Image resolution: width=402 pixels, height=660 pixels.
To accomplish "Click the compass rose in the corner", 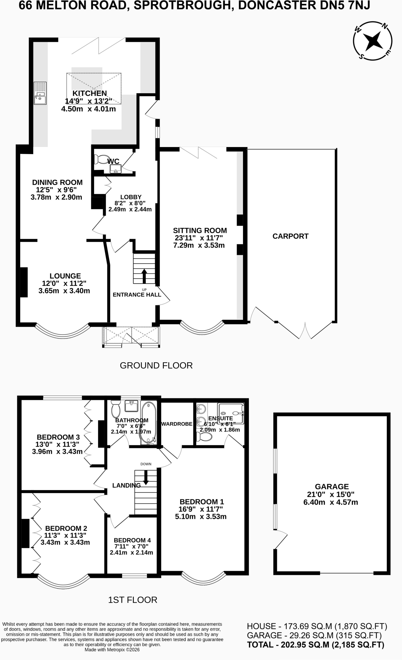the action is tap(373, 41).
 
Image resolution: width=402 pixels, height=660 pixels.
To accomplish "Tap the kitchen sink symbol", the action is tap(41, 93).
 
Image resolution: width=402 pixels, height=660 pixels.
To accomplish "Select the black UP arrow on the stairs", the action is tap(144, 276).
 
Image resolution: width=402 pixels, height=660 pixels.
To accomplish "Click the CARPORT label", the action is tap(290, 236).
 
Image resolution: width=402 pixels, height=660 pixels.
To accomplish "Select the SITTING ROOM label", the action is tap(200, 230).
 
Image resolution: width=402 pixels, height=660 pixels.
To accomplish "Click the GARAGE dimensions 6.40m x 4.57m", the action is tap(331, 502).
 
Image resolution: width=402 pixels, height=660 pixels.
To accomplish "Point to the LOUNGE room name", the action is tap(65, 276).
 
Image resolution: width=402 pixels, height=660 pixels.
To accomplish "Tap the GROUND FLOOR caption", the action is tap(156, 365).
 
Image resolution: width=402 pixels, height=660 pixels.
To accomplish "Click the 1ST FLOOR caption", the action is tap(133, 600).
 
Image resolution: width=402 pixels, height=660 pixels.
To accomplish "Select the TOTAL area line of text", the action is tap(316, 645).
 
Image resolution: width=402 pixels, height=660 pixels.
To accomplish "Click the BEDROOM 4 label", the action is tap(132, 540).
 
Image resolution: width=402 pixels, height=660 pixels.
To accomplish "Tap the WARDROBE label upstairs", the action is tap(177, 424).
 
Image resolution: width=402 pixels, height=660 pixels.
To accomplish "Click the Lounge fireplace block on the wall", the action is tap(24, 282).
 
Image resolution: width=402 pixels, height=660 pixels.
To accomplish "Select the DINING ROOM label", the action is tap(57, 182).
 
